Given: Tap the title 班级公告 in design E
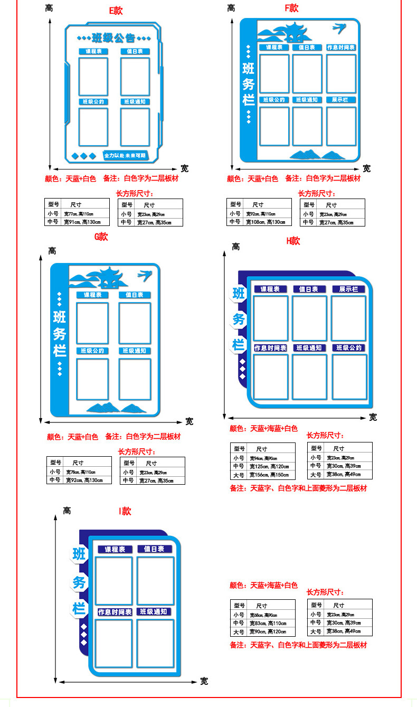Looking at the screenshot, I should pyautogui.click(x=113, y=38).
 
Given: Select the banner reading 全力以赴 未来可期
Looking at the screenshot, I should pyautogui.click(x=125, y=156).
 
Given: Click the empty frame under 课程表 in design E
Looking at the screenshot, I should pyautogui.click(x=93, y=76).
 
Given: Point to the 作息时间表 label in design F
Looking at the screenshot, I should pyautogui.click(x=340, y=48).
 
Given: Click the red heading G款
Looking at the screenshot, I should pyautogui.click(x=101, y=237).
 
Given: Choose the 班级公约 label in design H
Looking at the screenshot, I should pyautogui.click(x=349, y=348).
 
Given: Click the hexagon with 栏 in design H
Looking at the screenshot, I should pyautogui.click(x=239, y=345).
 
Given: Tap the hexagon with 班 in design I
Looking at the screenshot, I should pyautogui.click(x=79, y=554).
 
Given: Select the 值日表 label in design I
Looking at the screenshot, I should pyautogui.click(x=155, y=549).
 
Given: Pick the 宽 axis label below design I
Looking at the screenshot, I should pyautogui.click(x=204, y=681).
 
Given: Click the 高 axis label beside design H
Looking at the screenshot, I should pyautogui.click(x=235, y=247).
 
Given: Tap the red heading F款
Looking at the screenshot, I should pyautogui.click(x=292, y=8).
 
